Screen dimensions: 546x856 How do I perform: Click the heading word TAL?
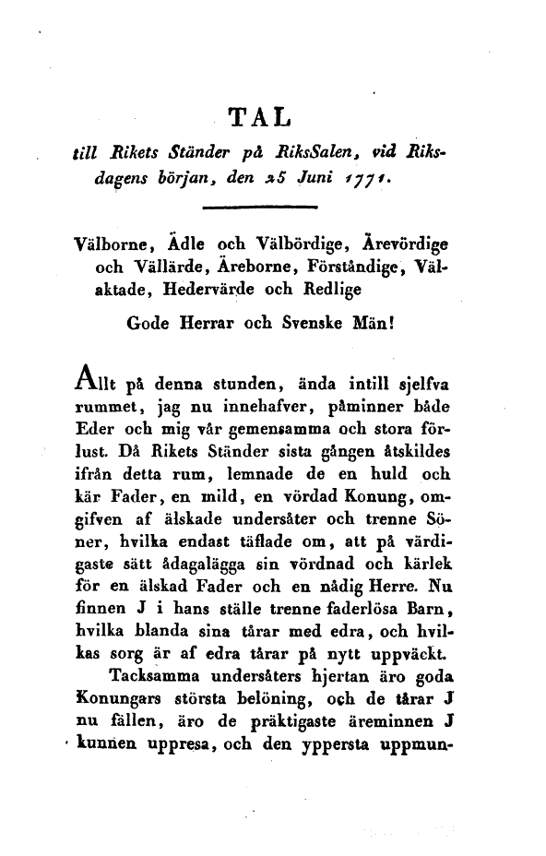(x=259, y=117)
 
